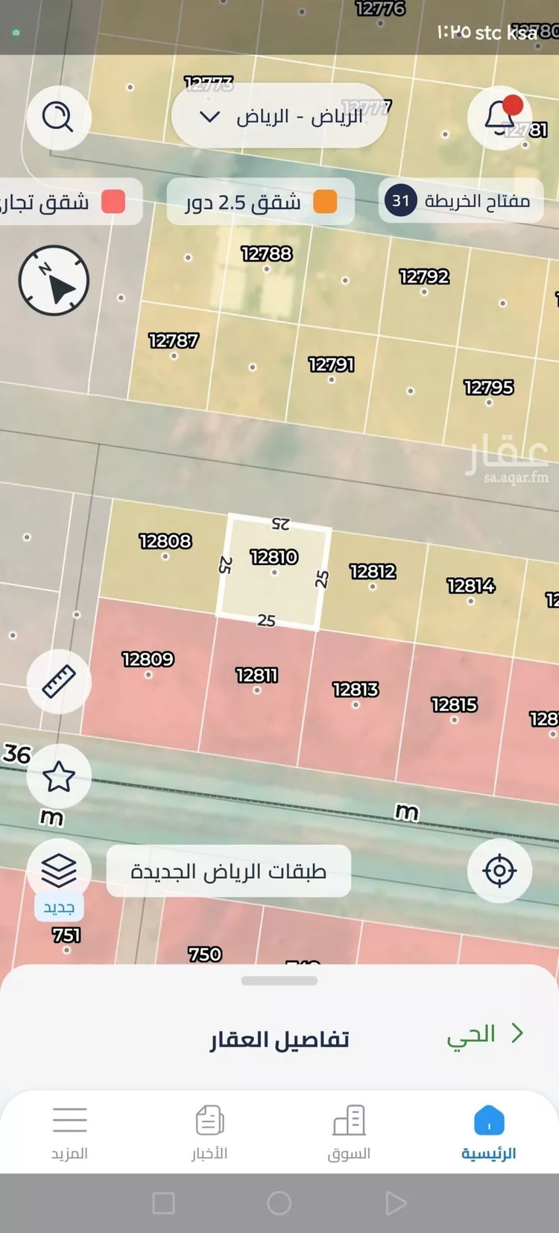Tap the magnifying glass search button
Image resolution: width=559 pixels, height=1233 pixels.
click(57, 117)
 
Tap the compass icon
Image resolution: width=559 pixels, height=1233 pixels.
click(54, 281)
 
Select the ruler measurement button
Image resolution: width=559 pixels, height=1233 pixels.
click(59, 681)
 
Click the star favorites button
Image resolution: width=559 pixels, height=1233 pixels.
click(59, 777)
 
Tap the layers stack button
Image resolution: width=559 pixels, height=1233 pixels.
click(59, 869)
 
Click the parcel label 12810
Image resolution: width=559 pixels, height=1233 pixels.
click(274, 558)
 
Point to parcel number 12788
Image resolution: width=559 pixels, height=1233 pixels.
click(266, 254)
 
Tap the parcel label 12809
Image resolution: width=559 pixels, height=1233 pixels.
click(148, 660)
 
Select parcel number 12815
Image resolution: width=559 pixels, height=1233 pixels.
click(454, 705)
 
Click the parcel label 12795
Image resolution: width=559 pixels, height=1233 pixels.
click(488, 388)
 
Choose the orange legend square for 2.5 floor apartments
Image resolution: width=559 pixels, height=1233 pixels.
click(325, 201)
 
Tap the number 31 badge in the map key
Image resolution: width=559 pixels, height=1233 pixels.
click(400, 201)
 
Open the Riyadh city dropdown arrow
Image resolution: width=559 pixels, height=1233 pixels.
click(210, 117)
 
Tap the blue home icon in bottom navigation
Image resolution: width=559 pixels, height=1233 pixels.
click(489, 1120)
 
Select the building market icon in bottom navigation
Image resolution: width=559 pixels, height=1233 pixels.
click(349, 1120)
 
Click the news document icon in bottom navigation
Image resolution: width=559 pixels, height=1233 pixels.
click(209, 1120)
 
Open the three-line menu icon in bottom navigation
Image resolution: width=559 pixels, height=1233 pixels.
click(69, 1120)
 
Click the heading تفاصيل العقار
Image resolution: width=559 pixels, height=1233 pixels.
click(279, 1039)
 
